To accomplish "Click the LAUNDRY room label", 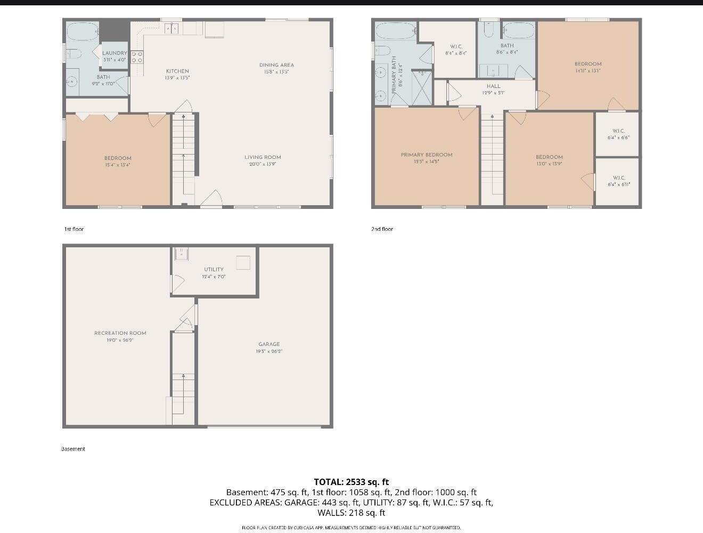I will pos(115,53).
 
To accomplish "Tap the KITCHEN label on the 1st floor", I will pos(177,71).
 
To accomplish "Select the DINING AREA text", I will pos(276,65).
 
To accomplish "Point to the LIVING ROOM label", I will pos(263,157).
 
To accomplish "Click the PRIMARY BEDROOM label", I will pos(427,155).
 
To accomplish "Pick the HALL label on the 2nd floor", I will pos(493,86).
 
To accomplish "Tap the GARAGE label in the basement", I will pos(269,344).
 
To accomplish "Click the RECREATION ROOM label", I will pos(120,333).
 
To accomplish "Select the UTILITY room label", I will pos(214,270).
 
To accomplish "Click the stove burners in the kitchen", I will pos(137,56).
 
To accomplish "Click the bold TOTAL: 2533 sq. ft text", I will pos(351,482).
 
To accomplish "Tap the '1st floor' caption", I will pos(74,229).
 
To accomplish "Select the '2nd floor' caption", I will pos(382,229).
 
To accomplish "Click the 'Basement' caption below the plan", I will pos(73,449).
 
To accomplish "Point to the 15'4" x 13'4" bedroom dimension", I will pos(118,165).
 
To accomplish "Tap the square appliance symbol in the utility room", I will pos(243,263).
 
